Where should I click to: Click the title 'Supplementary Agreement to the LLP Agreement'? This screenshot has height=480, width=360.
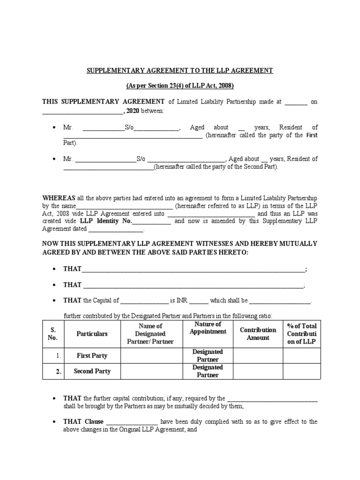(180, 70)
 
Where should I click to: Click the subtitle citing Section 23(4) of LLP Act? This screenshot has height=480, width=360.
(180, 86)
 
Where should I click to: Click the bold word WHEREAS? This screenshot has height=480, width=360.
(58, 198)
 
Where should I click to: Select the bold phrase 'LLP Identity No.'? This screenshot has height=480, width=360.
(106, 221)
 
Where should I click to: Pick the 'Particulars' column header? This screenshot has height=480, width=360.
(92, 334)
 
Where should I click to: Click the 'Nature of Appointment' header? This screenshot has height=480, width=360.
(208, 328)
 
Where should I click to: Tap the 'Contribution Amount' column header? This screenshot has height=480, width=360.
(258, 334)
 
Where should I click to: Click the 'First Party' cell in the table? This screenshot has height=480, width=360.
(92, 356)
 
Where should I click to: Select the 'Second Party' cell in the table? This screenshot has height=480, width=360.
(92, 371)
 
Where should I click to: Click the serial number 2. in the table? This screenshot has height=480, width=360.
(59, 371)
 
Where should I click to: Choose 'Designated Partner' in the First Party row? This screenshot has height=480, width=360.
(208, 356)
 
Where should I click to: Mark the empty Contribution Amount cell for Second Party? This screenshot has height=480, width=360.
(258, 371)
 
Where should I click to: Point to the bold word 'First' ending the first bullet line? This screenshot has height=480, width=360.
(312, 135)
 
